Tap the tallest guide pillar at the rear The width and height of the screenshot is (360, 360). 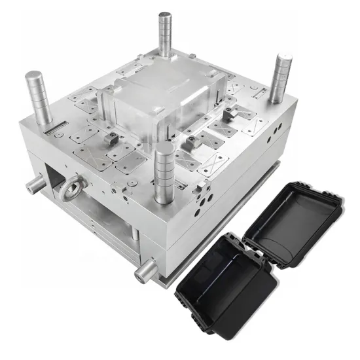(164, 33)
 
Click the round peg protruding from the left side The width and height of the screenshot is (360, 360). (32, 187)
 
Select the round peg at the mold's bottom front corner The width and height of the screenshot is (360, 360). (145, 269)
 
